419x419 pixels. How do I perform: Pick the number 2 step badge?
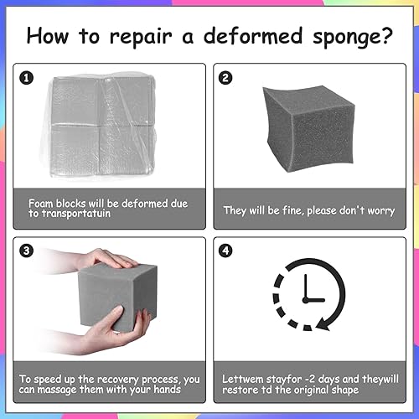click(225, 77)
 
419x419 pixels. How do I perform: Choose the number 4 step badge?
click(225, 249)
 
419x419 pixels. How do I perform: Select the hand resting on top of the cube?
click(105, 261)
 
